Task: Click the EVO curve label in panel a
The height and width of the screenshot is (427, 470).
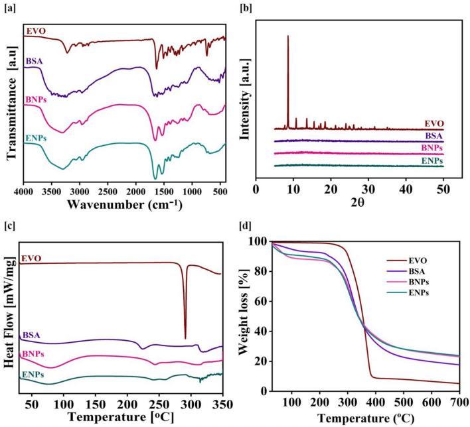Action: click(x=36, y=30)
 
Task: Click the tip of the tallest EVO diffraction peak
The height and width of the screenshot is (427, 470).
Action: click(x=287, y=36)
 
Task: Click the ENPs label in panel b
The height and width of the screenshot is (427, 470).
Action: click(x=432, y=161)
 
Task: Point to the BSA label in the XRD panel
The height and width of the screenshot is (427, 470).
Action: click(x=434, y=135)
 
